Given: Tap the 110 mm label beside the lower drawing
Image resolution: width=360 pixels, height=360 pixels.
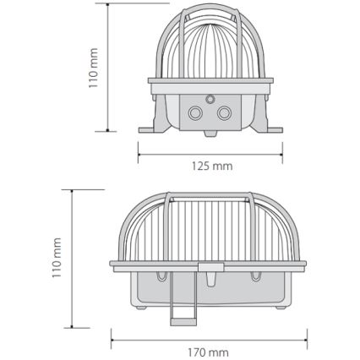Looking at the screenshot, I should pyautogui.click(x=58, y=258).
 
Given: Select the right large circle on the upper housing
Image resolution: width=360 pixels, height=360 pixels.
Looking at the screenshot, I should pyautogui.click(x=224, y=112).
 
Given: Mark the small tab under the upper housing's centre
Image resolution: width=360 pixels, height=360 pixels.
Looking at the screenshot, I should pyautogui.click(x=210, y=134).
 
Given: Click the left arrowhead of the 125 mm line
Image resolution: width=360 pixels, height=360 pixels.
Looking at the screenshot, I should pyautogui.click(x=139, y=153).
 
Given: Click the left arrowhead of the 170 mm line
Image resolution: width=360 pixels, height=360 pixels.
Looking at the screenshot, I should pyautogui.click(x=112, y=339).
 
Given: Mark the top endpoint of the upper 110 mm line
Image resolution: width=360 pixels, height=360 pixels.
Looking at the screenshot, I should pyautogui.click(x=108, y=3).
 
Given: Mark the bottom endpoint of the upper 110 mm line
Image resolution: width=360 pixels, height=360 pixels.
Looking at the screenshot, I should pyautogui.click(x=108, y=131).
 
